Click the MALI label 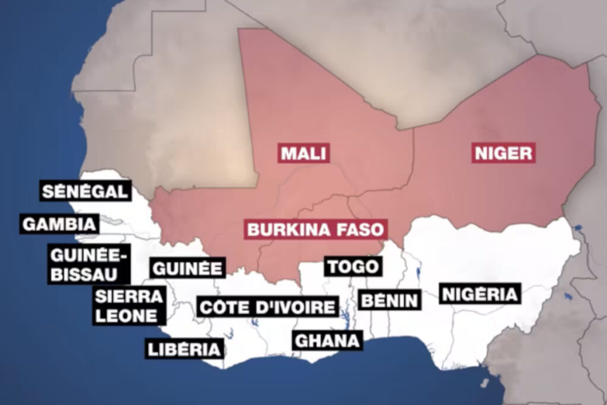(x=304, y=154)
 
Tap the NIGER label (x=503, y=154)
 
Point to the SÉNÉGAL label (x=85, y=192)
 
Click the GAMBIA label (x=59, y=224)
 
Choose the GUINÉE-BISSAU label (x=90, y=264)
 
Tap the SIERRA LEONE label (x=128, y=305)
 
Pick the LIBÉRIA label (x=184, y=349)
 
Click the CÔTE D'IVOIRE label (x=267, y=308)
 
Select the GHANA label (x=327, y=340)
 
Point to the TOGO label (x=353, y=266)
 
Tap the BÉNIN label (x=390, y=300)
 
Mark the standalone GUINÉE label (x=187, y=268)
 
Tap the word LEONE (x=127, y=315)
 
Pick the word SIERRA (x=129, y=296)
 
